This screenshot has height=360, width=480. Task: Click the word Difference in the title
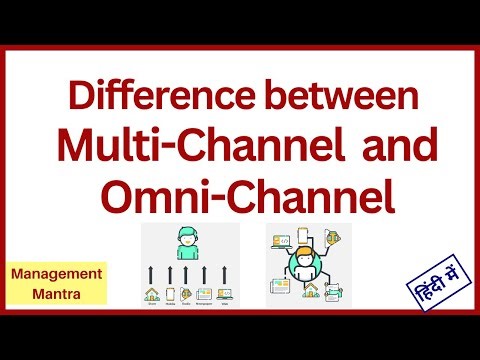[x=139, y=100]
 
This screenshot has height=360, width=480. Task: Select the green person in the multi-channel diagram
[x=186, y=243]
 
